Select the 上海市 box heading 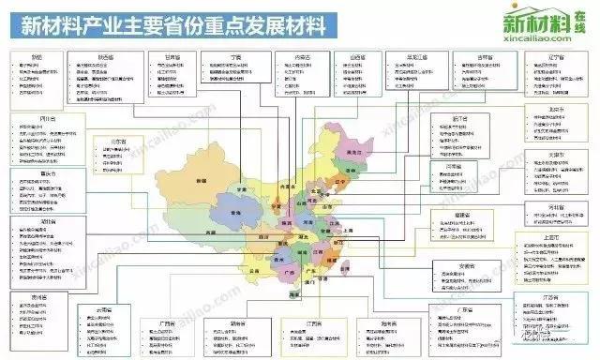coord(552,238)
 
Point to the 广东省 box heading coord(464,309)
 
